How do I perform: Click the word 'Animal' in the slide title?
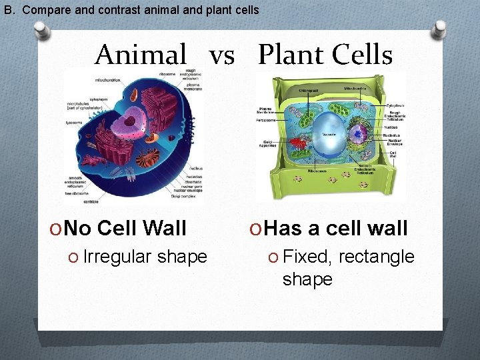pos(141,55)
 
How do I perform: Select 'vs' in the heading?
pos(222,56)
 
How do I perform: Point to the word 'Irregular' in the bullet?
pos(117,257)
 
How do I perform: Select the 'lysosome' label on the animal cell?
pos(75,123)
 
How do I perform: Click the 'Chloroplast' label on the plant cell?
pos(291,89)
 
